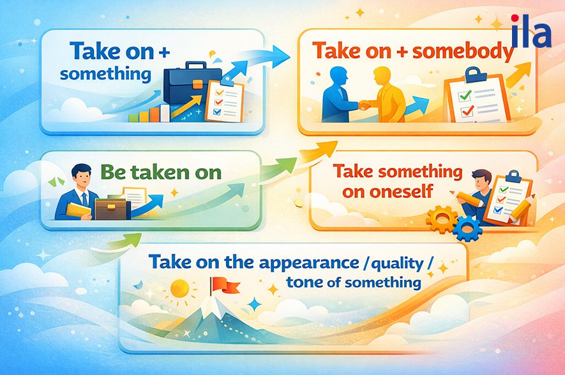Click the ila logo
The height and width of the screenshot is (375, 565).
tap(531, 31)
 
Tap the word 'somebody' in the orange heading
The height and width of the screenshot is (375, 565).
tap(463, 51)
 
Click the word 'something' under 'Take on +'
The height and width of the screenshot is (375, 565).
tap(105, 75)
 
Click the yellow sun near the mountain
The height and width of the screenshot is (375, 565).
tap(179, 289)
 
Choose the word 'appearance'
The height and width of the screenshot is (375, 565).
tap(309, 263)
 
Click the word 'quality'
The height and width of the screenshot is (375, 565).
tap(396, 264)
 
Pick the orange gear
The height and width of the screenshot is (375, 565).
tap(442, 219)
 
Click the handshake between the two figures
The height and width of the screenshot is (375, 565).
tap(365, 105)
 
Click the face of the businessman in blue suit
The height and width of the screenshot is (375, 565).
tap(82, 177)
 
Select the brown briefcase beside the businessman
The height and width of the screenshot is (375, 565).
tap(110, 209)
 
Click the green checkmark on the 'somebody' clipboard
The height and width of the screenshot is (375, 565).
tap(465, 95)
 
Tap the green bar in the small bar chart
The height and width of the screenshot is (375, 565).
tap(133, 118)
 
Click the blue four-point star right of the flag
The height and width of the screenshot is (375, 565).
tap(255, 304)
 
